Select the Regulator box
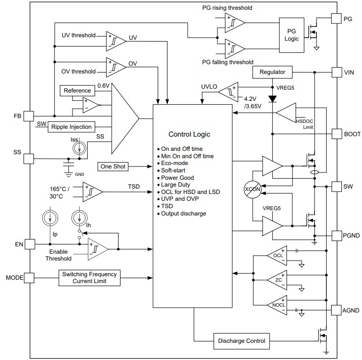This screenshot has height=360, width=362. [272, 72]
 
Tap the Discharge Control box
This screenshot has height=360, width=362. [241, 340]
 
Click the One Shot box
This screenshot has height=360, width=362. [113, 167]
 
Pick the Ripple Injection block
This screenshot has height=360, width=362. [71, 127]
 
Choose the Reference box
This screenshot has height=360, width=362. [77, 91]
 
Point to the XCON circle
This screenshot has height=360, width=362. [252, 190]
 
